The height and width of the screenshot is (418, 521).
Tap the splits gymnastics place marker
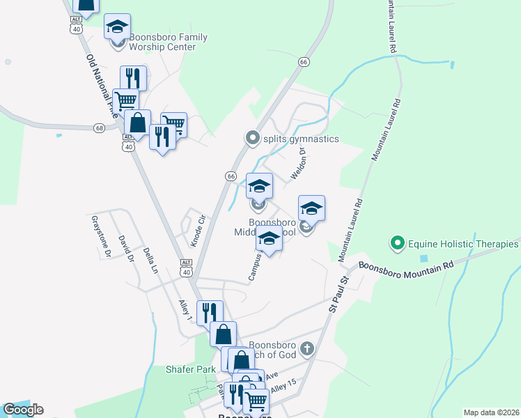[253, 139]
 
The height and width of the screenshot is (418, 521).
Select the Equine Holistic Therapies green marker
[397, 244]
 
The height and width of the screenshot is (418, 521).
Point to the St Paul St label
[339, 295]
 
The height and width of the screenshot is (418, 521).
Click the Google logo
[23, 410]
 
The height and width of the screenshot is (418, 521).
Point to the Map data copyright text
[492, 412]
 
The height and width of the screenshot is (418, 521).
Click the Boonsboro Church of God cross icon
[306, 348]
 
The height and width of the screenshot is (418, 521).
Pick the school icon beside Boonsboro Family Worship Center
[117, 27]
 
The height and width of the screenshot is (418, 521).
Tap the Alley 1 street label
[185, 310]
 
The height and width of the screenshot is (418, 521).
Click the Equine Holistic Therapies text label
[463, 244]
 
